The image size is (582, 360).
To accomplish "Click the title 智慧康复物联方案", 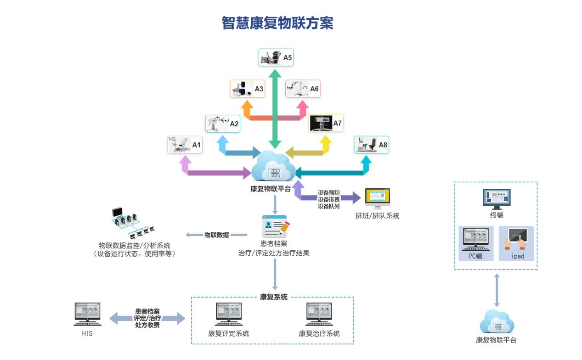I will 277,23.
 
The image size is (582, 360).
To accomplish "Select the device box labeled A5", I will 276,57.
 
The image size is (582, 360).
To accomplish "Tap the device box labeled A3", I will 247,89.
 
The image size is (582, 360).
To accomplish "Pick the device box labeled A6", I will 303,89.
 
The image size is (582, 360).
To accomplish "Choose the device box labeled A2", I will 223,124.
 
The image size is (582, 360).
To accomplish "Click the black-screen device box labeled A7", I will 326,123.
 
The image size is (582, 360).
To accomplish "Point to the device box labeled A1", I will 185,145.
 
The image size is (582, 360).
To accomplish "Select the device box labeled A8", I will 371,145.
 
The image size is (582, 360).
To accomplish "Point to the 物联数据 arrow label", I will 216,235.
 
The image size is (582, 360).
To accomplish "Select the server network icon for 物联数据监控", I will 133,224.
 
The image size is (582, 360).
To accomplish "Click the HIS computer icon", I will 87,315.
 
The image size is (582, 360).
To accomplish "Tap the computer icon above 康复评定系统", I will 229,315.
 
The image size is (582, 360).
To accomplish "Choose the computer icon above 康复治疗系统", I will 319,315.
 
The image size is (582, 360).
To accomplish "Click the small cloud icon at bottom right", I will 497,322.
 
